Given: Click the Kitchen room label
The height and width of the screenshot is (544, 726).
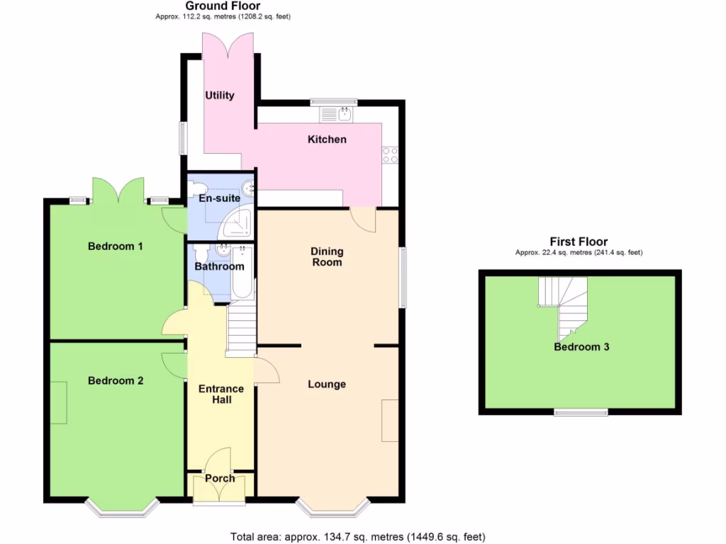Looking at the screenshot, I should point(327,140).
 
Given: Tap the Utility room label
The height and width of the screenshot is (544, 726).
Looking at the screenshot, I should point(220,95).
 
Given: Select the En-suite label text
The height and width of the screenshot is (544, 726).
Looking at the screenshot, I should point(220,199).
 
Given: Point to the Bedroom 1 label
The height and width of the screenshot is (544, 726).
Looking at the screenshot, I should point(116,246).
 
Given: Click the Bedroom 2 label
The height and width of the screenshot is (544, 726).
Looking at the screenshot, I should point(116,380).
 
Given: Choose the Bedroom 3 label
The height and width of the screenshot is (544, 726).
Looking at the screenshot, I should point(581,347).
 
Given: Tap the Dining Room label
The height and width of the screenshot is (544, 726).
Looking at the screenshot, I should point(327,256).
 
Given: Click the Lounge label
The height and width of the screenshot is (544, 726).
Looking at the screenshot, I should point(327,384).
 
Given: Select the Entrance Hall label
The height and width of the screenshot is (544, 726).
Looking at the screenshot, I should point(220,394).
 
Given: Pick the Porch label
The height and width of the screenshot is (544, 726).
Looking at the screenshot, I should point(220,478).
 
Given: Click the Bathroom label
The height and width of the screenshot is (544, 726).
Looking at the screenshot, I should point(220,266).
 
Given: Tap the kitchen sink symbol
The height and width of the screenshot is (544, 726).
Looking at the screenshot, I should point(337,114).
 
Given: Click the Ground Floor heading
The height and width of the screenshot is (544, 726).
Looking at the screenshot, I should point(223,6).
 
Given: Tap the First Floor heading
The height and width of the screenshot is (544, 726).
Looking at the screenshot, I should point(579,242).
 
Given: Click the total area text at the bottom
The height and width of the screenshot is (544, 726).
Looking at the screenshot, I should point(358,536).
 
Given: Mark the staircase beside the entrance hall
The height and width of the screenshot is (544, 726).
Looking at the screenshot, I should point(242,327).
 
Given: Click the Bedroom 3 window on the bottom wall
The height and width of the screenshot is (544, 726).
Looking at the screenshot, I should point(581,412).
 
